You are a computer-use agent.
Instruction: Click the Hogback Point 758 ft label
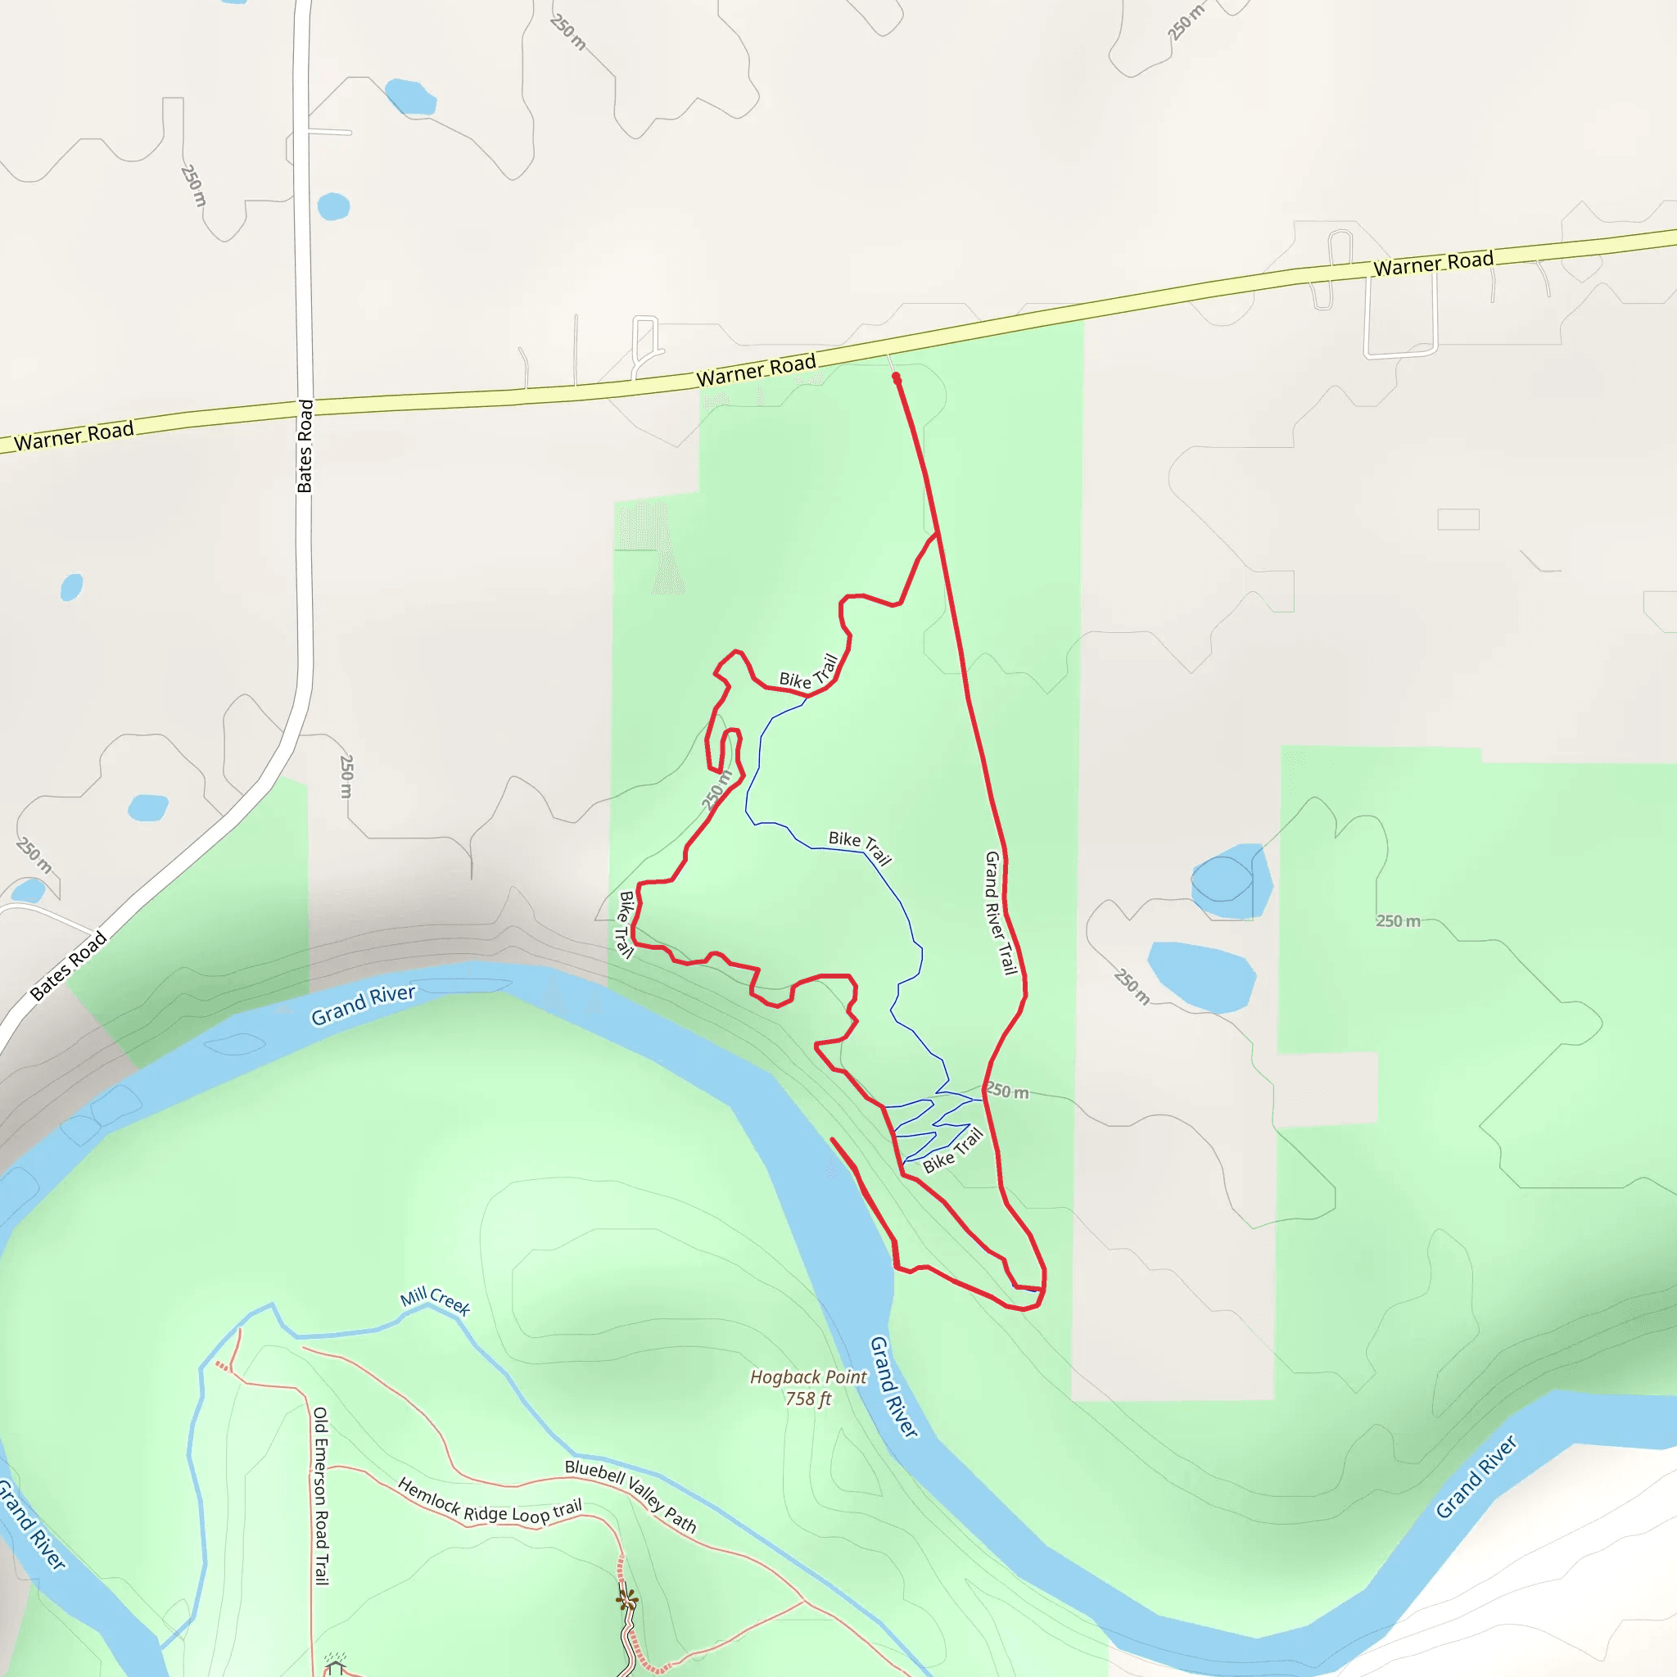[x=807, y=1387]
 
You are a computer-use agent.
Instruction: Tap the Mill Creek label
[x=435, y=1301]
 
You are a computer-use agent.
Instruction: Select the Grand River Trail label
[x=1000, y=912]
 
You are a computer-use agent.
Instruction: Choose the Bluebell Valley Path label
[x=631, y=1495]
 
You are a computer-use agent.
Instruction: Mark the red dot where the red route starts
[x=897, y=377]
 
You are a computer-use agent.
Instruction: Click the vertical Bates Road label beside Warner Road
[x=305, y=446]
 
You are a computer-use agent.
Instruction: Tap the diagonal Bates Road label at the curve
[x=69, y=965]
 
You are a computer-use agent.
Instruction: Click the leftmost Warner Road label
[x=74, y=435]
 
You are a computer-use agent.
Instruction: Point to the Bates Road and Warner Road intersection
[x=304, y=408]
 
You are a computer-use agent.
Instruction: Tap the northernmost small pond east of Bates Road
[x=409, y=97]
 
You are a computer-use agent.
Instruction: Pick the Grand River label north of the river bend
[x=364, y=1004]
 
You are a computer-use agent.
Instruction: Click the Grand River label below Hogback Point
[x=893, y=1386]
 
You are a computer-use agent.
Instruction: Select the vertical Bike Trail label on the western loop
[x=625, y=924]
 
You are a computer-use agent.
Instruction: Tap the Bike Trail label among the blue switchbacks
[x=952, y=1150]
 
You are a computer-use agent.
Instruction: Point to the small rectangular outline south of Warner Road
[x=1458, y=519]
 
